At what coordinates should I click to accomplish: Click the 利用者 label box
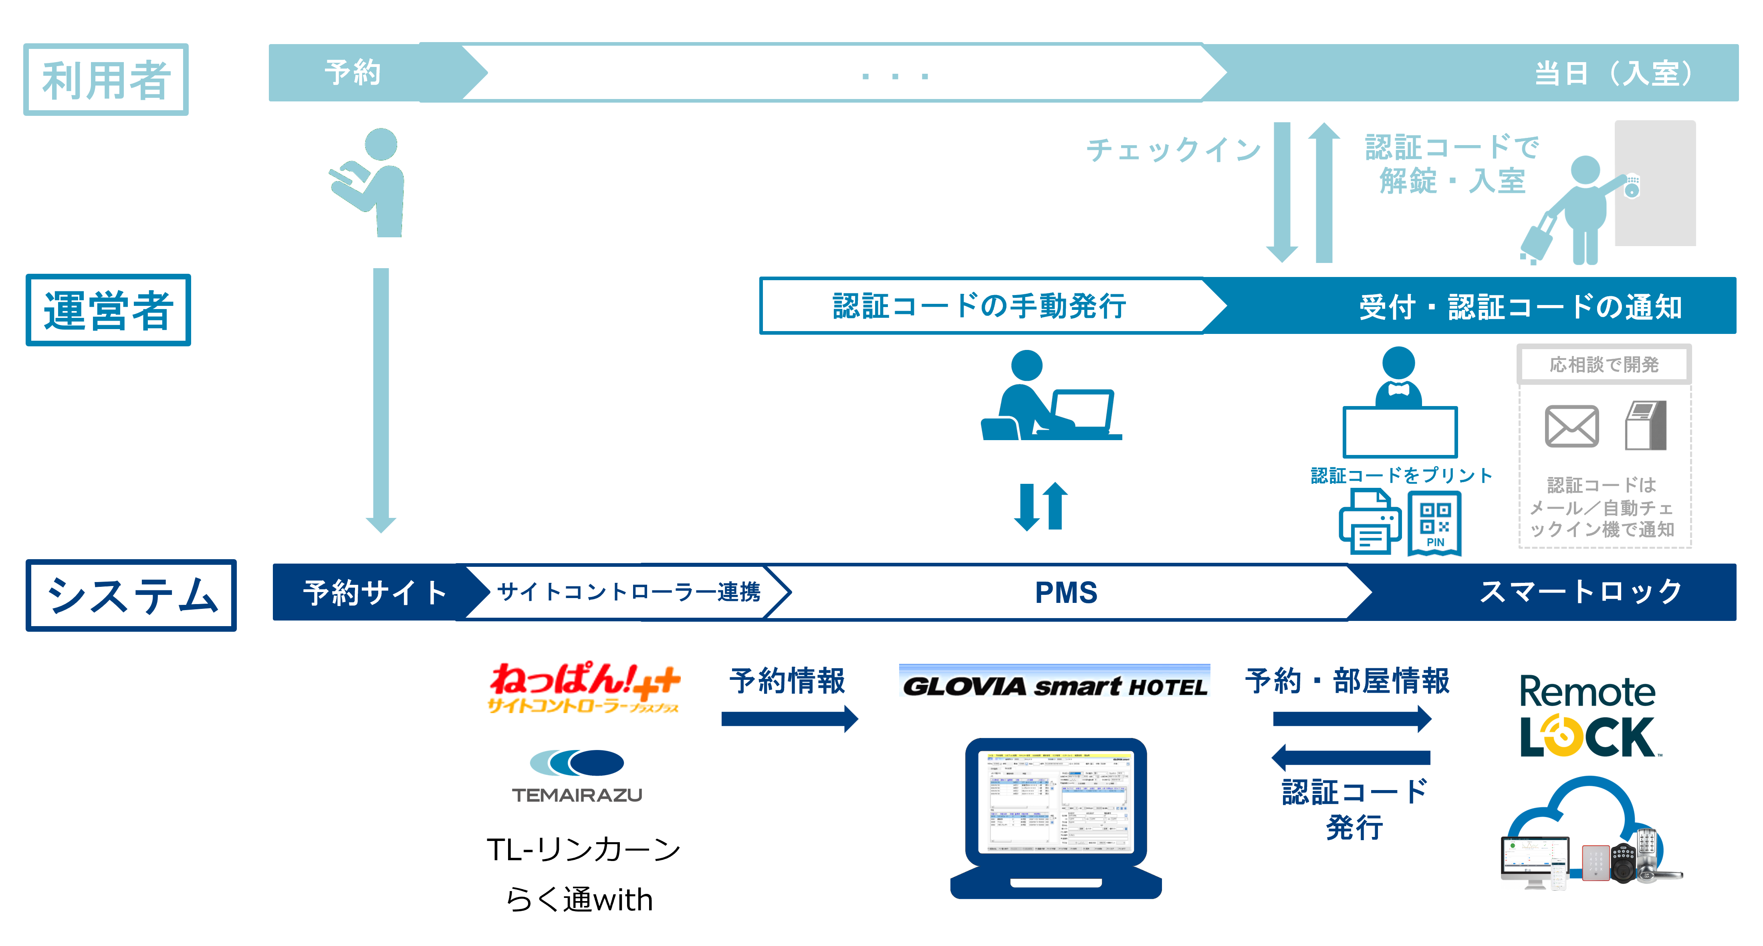pyautogui.click(x=106, y=79)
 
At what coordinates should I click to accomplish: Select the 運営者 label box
pyautogui.click(x=108, y=310)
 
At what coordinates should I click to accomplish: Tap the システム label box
pyautogui.click(x=131, y=595)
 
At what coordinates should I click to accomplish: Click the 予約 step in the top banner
pyautogui.click(x=353, y=73)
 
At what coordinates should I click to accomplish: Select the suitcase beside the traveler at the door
pyautogui.click(x=1537, y=240)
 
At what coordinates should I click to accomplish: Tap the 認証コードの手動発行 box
pyautogui.click(x=979, y=306)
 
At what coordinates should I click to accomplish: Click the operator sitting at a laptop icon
pyautogui.click(x=1047, y=397)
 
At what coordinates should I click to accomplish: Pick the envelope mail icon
pyautogui.click(x=1571, y=426)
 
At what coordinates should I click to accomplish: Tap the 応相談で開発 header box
pyautogui.click(x=1604, y=364)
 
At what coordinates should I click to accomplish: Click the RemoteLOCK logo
pyautogui.click(x=1588, y=716)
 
